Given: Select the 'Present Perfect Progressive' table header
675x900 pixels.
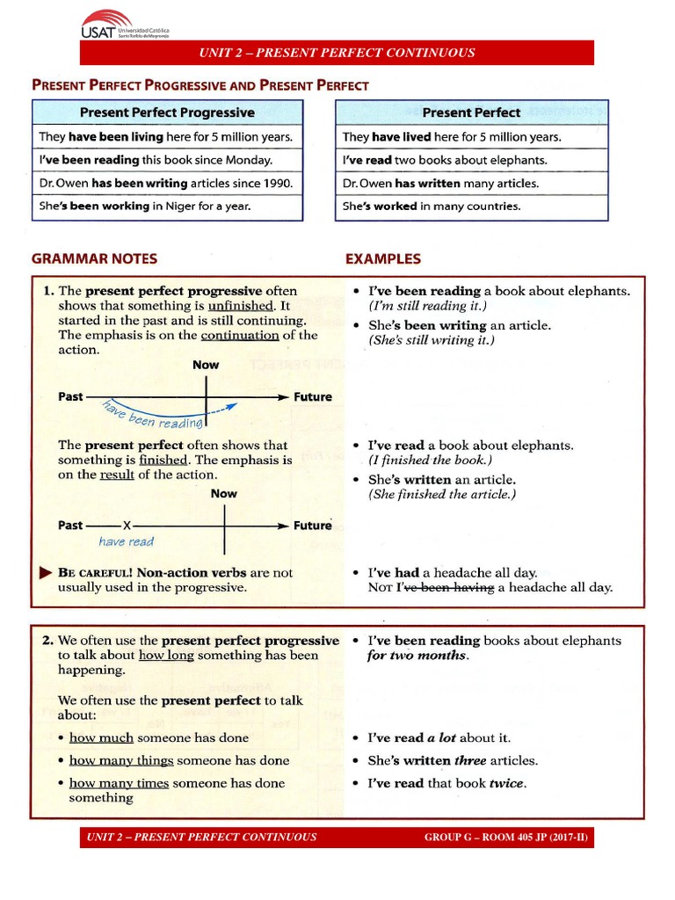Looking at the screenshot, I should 167,112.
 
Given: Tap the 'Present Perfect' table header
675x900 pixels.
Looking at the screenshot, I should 471,112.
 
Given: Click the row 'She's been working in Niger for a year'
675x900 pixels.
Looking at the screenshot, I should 145,207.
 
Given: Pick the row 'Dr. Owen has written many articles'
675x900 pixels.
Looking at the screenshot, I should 440,184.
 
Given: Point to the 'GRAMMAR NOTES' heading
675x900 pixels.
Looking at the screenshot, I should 94,259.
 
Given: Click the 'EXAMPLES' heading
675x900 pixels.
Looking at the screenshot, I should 383,259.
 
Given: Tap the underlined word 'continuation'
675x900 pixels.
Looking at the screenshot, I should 240,335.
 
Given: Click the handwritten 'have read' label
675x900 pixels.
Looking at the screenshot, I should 127,542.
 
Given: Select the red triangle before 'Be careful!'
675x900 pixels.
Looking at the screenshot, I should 46,572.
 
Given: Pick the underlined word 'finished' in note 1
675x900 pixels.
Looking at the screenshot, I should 163,460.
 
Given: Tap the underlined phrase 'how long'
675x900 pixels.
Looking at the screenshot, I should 166,655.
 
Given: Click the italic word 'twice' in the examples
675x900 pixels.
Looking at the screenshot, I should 507,783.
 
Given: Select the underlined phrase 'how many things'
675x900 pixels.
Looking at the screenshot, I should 121,760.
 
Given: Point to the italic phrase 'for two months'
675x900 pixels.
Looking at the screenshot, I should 417,656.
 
